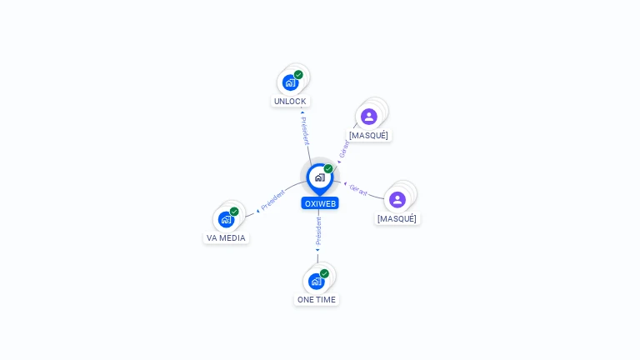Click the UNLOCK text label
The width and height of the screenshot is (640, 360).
tap(290, 102)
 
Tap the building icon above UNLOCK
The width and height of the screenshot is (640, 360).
tap(290, 82)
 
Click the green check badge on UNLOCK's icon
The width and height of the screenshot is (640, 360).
tap(298, 75)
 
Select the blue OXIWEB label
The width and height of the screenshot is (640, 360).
tap(320, 203)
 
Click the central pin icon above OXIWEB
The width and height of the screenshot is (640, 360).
tap(319, 177)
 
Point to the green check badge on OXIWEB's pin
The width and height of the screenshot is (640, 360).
tap(328, 169)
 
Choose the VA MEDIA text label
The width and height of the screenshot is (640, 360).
tap(226, 237)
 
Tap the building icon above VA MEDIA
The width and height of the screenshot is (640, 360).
tap(226, 219)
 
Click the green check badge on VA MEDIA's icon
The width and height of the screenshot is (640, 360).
tap(234, 212)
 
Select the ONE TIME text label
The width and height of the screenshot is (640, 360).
tap(317, 299)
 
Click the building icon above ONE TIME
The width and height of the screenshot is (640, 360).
tap(316, 281)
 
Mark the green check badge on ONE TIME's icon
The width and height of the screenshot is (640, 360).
tap(324, 273)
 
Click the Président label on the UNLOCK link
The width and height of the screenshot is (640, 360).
tap(305, 131)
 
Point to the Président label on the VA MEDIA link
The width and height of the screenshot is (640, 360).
tap(272, 200)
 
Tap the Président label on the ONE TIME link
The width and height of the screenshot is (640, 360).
tap(318, 232)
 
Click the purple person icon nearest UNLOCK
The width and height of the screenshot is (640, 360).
tap(369, 117)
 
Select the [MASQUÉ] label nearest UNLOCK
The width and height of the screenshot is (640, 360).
tap(368, 135)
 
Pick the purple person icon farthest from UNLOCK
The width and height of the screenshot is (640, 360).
tap(397, 200)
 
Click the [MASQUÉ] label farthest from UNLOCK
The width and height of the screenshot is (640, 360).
tap(397, 218)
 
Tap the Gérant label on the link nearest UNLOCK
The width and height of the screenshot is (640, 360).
tap(344, 149)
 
